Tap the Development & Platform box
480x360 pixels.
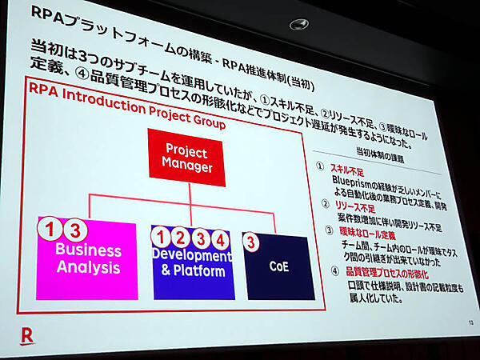(192, 262)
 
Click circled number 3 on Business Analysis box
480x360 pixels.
(74, 230)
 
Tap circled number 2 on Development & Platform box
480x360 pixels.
(181, 237)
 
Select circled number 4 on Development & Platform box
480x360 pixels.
(219, 238)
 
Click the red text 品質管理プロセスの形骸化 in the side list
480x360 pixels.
(382, 273)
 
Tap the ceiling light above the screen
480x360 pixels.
(300, 25)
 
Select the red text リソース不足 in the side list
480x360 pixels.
(352, 205)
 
